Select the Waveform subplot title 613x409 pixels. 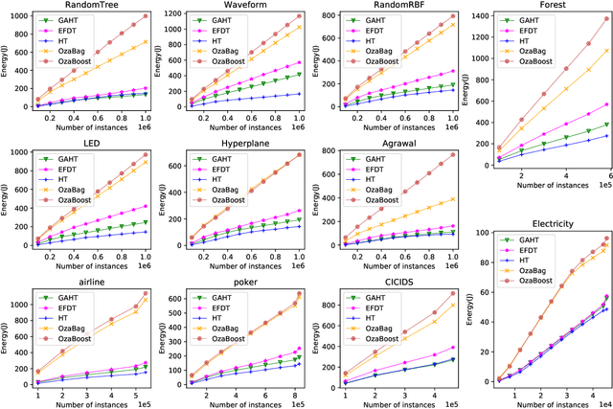tap(231, 6)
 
